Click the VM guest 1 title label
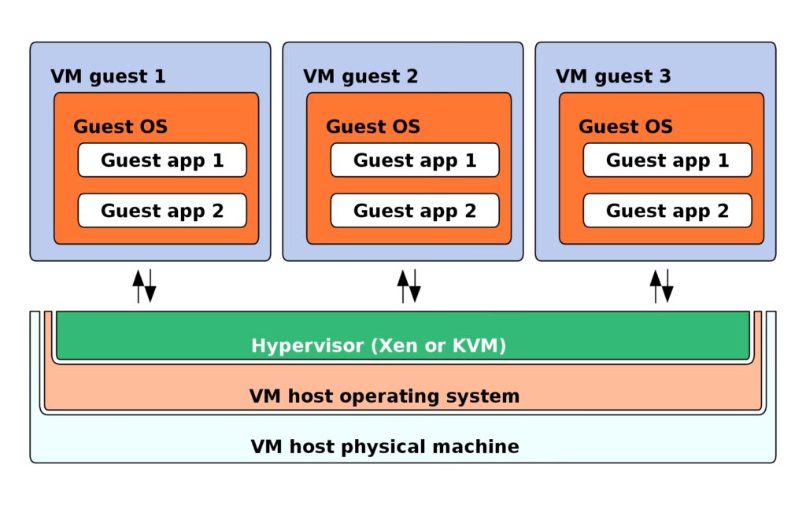pos(108,76)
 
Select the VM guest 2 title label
pos(360,76)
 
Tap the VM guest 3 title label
pos(613,76)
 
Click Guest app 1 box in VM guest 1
pos(162,160)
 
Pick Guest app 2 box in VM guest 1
pos(162,211)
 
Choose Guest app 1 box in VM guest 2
pos(415,160)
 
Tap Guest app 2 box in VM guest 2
pos(415,211)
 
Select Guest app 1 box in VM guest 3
pos(667,160)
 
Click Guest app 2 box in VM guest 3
pos(667,211)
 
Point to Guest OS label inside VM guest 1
pos(120,127)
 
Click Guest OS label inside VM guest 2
pos(373,127)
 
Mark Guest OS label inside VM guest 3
pos(626,127)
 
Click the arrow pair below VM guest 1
pos(144,286)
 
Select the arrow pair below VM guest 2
pos(409,286)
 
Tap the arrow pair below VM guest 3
pos(661,286)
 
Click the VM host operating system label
pos(384,396)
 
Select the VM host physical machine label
pos(384,447)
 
